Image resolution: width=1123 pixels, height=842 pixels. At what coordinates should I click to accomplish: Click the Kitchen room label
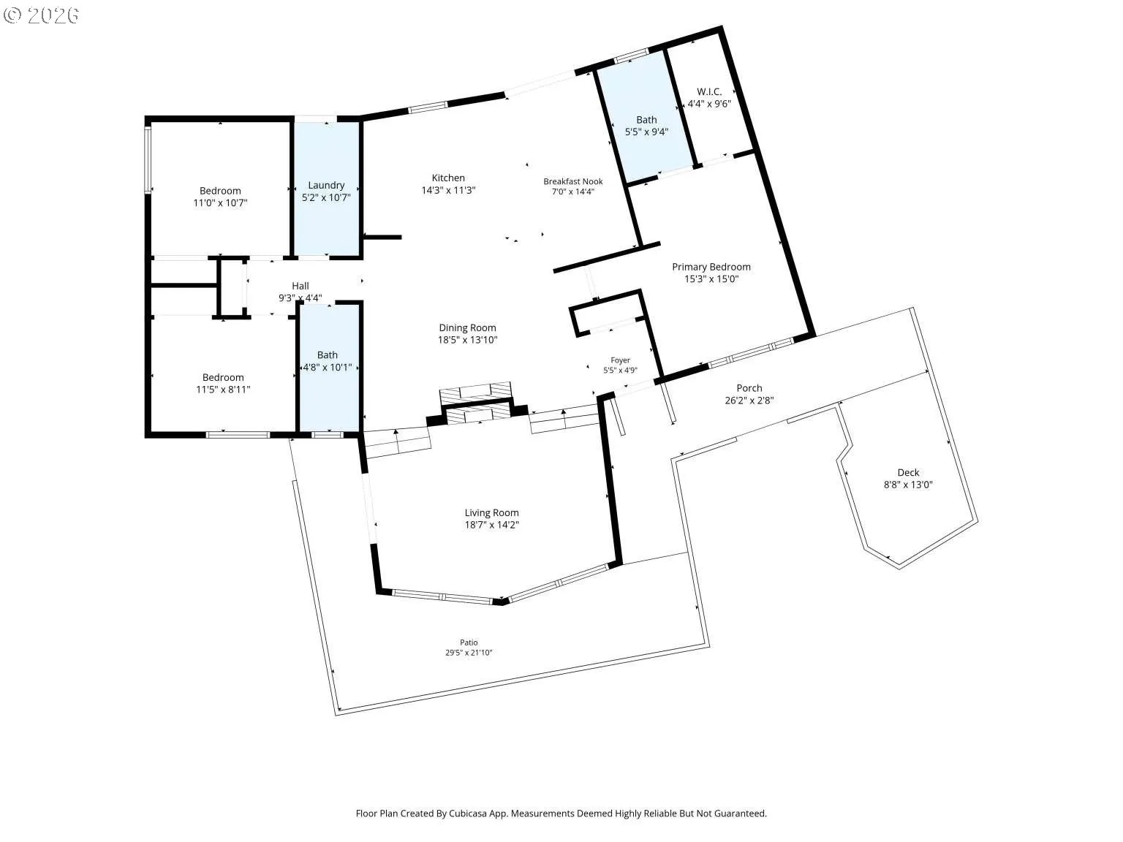click(x=448, y=178)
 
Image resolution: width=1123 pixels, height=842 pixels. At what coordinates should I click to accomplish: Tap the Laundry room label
click(x=326, y=185)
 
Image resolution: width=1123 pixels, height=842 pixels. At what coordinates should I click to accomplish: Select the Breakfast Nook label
click(x=573, y=181)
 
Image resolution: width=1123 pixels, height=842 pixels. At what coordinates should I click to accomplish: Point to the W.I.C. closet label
click(x=709, y=92)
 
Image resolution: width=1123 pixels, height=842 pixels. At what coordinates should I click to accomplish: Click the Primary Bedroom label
click(x=711, y=267)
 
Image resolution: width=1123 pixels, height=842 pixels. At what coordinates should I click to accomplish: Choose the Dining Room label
click(x=467, y=327)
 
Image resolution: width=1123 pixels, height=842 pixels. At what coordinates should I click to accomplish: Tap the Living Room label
click(x=491, y=513)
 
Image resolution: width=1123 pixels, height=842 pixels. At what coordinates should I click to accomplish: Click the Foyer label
click(x=620, y=360)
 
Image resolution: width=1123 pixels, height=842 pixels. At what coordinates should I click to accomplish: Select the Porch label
click(x=749, y=388)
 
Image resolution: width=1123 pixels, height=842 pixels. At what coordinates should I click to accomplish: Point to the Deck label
click(x=908, y=473)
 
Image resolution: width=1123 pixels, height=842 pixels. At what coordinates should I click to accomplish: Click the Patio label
click(x=469, y=642)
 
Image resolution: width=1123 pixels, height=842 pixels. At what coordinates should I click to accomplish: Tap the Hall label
click(x=300, y=286)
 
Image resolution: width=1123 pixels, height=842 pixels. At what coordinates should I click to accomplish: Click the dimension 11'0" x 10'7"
click(x=220, y=203)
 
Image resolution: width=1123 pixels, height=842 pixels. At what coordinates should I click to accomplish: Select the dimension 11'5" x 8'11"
click(x=223, y=390)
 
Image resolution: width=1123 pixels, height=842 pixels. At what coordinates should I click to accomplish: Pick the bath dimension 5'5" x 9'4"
click(x=646, y=132)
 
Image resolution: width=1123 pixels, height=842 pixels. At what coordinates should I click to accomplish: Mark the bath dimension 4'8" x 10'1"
click(x=328, y=368)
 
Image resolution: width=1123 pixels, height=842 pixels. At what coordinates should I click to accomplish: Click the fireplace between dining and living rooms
click(x=477, y=404)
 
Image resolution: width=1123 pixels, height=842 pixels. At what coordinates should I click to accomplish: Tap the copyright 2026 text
click(x=41, y=15)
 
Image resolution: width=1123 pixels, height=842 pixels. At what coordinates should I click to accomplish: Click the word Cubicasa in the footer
click(x=468, y=813)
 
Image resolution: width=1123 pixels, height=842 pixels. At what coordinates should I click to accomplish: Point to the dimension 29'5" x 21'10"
click(x=469, y=653)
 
